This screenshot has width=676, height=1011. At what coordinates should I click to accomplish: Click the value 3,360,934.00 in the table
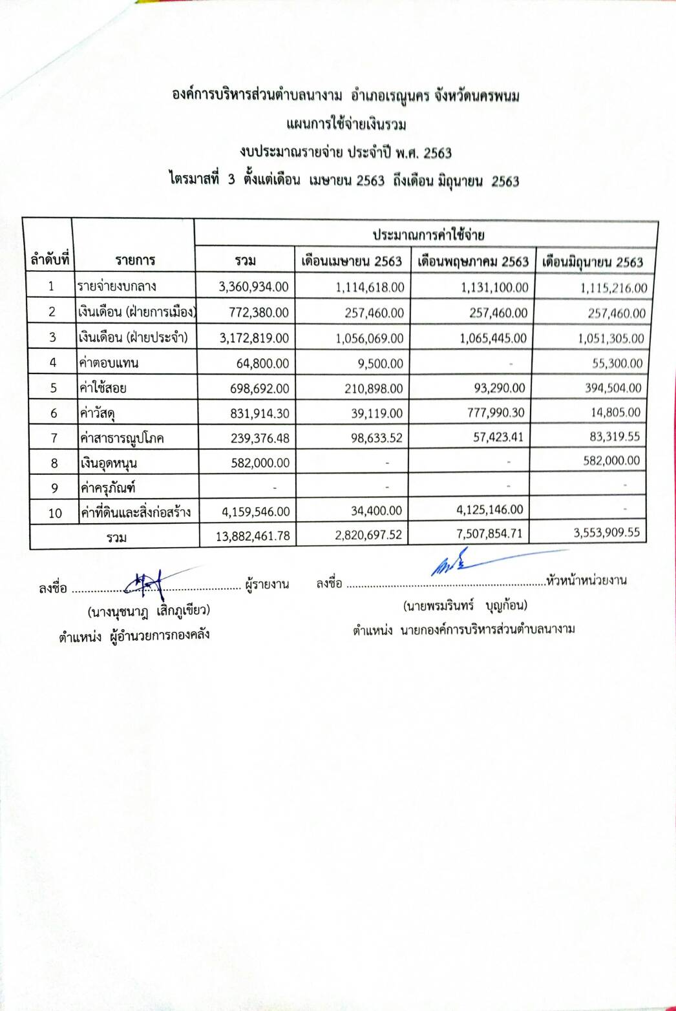click(x=254, y=287)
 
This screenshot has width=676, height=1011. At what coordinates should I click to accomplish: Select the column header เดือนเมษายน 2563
click(x=352, y=262)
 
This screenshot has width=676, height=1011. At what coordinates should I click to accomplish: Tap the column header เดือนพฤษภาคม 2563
click(x=473, y=262)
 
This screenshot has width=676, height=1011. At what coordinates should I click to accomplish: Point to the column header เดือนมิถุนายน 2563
click(x=593, y=262)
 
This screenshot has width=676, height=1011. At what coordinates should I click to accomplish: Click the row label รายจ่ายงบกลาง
click(x=117, y=286)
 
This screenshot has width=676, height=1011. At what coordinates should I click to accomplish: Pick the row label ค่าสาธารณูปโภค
click(x=121, y=439)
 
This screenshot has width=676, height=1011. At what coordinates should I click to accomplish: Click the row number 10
click(x=55, y=513)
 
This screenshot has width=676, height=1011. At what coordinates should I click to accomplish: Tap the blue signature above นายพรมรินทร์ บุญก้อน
click(x=452, y=563)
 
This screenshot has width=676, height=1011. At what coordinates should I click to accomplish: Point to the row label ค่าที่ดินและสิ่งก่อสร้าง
click(x=135, y=512)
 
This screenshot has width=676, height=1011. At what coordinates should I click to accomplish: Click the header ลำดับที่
click(x=50, y=260)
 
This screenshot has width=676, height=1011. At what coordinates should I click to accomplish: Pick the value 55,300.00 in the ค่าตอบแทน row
click(x=617, y=363)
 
